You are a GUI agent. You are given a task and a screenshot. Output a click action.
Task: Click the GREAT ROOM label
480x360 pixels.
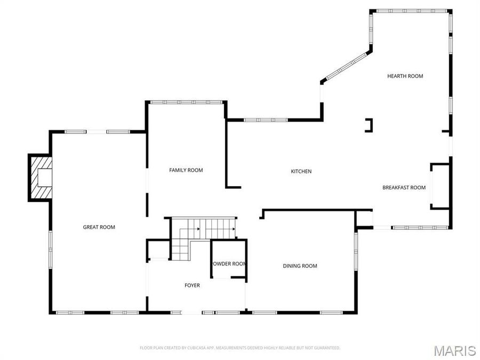[x=99, y=227]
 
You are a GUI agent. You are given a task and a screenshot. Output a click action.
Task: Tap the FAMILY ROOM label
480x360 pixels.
[x=186, y=170]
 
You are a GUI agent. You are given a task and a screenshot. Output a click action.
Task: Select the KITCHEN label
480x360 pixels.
[x=301, y=171]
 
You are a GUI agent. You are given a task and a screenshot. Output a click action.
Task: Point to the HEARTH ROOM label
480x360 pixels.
[x=405, y=76]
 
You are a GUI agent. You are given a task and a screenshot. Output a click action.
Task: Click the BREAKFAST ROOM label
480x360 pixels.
[x=404, y=187]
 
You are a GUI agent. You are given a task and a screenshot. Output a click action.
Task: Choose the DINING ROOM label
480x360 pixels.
[x=300, y=266]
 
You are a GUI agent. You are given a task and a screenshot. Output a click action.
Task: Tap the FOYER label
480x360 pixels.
[x=192, y=285]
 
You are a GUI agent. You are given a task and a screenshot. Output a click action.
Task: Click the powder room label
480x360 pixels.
[x=229, y=263]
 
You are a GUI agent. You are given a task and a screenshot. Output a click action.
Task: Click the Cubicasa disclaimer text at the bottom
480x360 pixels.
[x=239, y=348]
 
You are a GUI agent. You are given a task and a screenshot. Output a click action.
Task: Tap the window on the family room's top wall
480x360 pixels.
[x=186, y=102]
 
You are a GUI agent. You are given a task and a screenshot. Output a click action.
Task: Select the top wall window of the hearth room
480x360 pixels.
[x=411, y=11]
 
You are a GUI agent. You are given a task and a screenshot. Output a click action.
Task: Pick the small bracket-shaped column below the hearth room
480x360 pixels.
[x=369, y=125]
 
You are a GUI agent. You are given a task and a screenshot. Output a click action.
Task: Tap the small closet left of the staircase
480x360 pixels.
[x=158, y=250]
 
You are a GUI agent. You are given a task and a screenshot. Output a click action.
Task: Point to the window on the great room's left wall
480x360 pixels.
[x=51, y=248]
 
